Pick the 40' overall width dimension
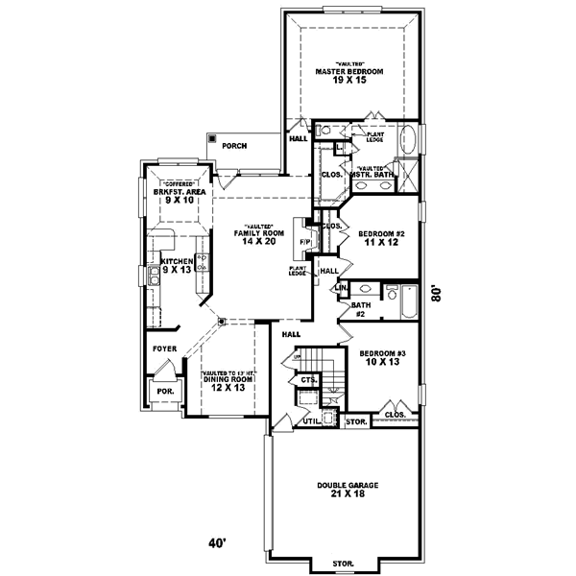(218, 544)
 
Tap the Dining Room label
(228, 379)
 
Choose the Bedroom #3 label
(379, 353)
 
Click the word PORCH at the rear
(234, 146)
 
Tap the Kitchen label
(177, 261)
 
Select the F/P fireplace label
(303, 241)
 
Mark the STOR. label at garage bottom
(343, 563)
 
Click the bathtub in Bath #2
(407, 301)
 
